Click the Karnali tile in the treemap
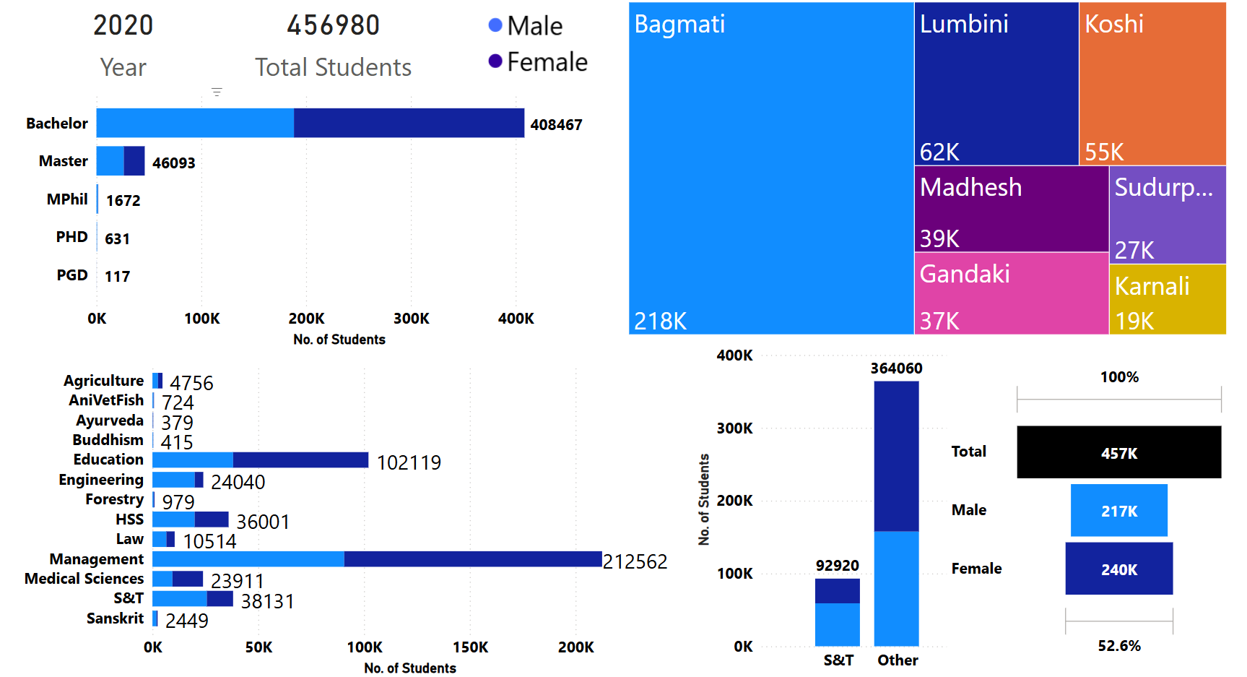(1167, 299)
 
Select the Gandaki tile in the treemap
(1011, 293)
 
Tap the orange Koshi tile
(1152, 84)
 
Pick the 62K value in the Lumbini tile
(939, 152)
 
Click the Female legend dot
(495, 61)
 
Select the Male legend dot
(495, 25)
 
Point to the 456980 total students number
(333, 25)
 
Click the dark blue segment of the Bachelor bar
(409, 123)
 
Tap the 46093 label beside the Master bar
(173, 163)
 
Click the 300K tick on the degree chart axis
(411, 319)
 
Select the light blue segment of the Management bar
(248, 559)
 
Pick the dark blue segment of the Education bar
(300, 460)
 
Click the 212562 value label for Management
(635, 561)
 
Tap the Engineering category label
(101, 480)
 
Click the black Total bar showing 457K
(1118, 452)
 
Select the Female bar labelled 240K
(1118, 569)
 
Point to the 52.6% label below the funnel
(1119, 646)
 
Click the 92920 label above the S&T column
(838, 565)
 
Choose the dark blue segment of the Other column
(896, 456)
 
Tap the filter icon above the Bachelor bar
(217, 92)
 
